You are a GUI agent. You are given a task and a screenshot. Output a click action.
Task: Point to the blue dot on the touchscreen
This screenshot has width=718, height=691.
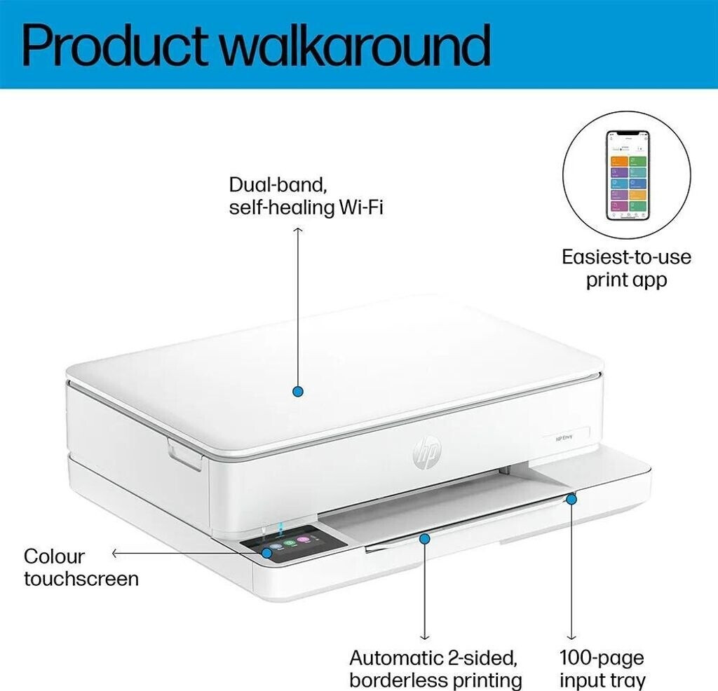pos(267,553)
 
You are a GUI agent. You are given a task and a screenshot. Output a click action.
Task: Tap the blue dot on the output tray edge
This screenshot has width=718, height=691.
pos(424,538)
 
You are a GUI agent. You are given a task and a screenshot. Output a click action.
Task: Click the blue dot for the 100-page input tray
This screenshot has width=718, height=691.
pos(571,498)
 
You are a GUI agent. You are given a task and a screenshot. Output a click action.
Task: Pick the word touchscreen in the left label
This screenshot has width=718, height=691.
pos(81,579)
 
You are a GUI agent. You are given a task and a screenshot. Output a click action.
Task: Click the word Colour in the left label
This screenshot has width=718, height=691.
pos(54,556)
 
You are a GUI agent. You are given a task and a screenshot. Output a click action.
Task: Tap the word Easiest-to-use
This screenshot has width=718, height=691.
pos(626,256)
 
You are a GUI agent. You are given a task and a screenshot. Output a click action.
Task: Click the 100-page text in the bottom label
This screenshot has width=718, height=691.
pos(602,657)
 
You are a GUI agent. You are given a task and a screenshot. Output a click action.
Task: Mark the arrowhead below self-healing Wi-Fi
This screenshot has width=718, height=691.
pos(298,230)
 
